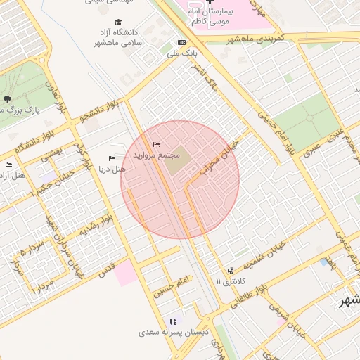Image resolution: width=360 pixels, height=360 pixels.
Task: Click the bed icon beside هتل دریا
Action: pos(111,158)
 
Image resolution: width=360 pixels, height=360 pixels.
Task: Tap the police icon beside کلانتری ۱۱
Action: pos(230,271)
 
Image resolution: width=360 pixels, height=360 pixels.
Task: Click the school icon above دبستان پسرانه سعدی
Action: pos(173,321)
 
